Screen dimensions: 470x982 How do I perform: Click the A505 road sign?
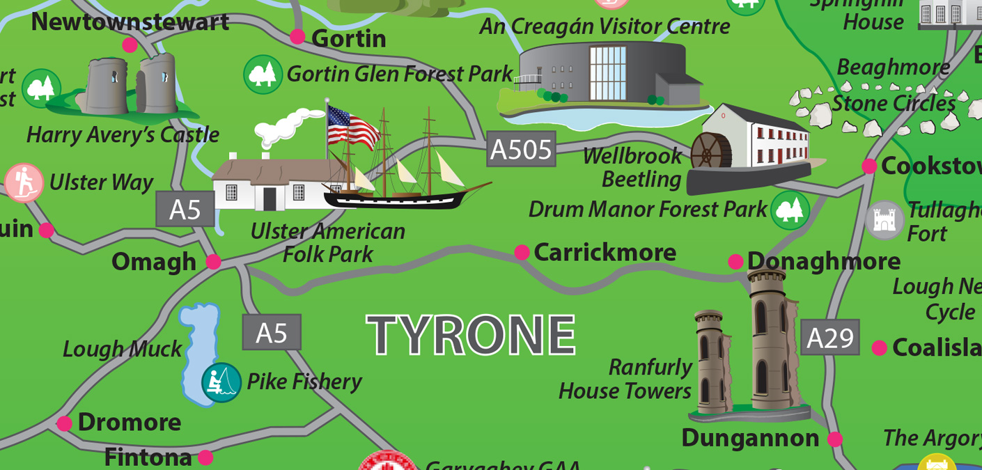pos(521,149)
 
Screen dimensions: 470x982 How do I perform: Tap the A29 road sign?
pos(829,338)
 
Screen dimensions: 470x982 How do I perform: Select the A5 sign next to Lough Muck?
pos(272,332)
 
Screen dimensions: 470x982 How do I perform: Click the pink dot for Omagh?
pos(214,262)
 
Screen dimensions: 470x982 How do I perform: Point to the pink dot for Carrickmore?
pos(522,253)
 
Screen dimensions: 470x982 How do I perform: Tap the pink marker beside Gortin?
pos(297,36)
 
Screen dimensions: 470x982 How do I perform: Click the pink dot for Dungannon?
pos(834,439)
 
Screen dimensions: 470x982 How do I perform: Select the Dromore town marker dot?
pos(64,423)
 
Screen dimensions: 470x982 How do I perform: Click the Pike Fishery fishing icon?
pos(221,382)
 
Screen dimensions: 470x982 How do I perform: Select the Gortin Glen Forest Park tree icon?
pos(263,75)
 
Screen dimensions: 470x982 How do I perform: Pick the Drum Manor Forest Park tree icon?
pos(790,210)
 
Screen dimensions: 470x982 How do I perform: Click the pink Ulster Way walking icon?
pos(24,183)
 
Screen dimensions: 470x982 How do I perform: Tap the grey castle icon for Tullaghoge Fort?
pos(884,220)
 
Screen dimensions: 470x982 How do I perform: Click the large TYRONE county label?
pos(471,335)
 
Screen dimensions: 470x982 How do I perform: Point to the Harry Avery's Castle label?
pos(123,135)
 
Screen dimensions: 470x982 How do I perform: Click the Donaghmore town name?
pos(823,261)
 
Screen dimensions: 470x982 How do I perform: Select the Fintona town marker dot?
pos(205,457)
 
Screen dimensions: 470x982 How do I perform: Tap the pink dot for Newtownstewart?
pos(130,45)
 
